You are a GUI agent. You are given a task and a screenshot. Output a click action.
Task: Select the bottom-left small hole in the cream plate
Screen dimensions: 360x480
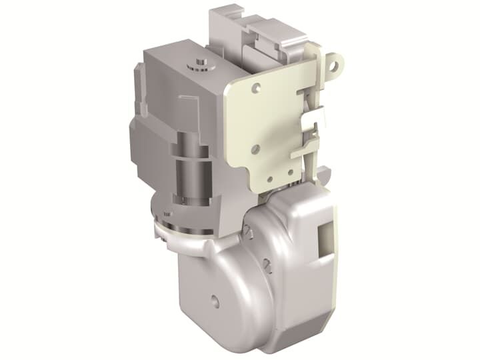tap(269, 178)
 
